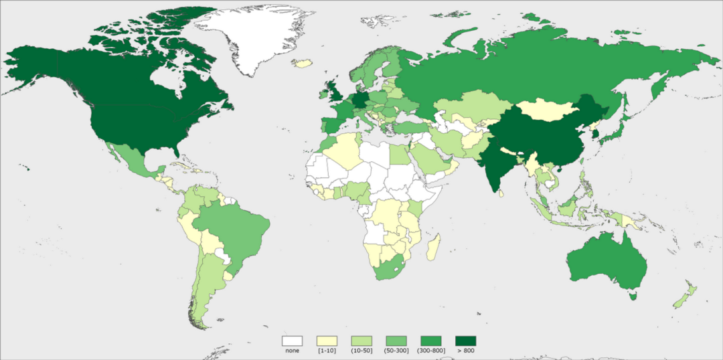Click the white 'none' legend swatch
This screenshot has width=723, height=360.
[292, 341]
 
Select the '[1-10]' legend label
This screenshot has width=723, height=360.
[326, 351]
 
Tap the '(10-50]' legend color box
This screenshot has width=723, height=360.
[361, 341]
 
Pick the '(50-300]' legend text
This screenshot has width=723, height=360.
[396, 351]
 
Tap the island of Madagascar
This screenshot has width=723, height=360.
[433, 246]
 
